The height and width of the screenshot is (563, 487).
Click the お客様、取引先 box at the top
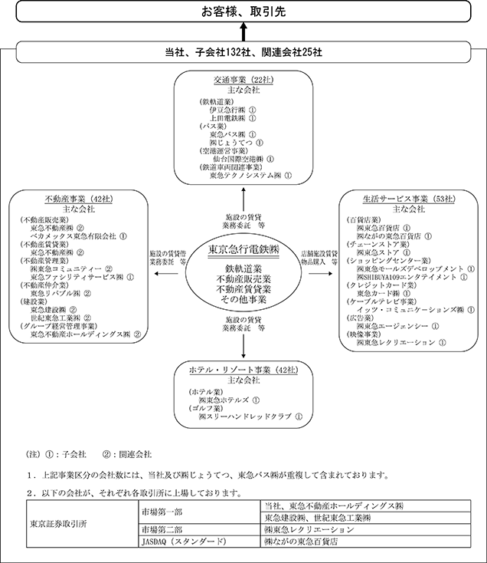(x=243, y=12)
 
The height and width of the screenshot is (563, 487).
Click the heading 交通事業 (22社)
(x=243, y=80)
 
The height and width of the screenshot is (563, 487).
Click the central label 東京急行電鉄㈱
(x=243, y=250)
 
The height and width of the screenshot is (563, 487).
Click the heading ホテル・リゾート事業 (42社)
(x=243, y=370)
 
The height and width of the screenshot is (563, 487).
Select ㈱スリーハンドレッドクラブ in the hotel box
(x=245, y=417)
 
